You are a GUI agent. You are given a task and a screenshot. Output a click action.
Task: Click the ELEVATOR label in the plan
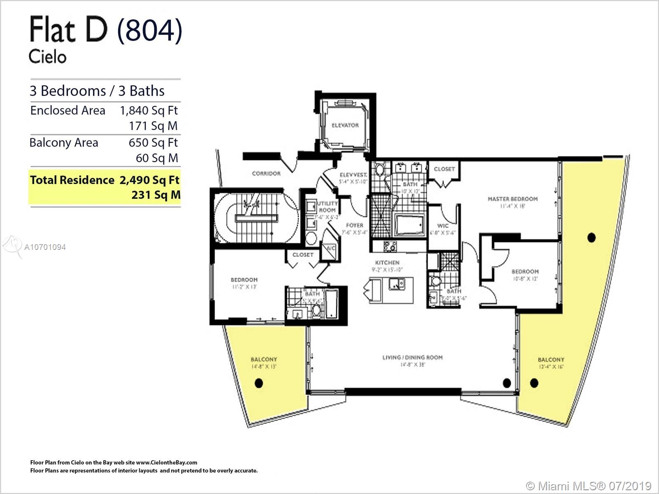345,125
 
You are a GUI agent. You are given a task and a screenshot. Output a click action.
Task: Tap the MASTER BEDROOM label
512,199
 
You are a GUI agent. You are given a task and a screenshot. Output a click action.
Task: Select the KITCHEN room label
387,263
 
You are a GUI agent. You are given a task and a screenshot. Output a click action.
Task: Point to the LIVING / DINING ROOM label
412,357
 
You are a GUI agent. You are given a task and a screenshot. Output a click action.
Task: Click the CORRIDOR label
266,174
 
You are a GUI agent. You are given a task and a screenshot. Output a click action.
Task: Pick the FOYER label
354,225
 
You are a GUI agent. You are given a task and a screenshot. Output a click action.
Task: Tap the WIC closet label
443,226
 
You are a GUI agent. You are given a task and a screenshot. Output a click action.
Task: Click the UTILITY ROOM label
327,207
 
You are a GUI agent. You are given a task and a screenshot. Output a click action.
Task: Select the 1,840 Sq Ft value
149,110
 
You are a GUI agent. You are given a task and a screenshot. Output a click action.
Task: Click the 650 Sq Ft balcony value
153,142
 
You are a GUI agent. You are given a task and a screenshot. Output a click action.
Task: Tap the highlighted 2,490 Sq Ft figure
150,180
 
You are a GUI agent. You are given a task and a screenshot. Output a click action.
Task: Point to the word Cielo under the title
47,56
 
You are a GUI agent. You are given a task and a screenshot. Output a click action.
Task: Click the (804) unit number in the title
150,30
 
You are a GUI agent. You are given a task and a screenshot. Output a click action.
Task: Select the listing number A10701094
45,247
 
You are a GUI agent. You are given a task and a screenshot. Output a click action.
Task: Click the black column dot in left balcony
259,383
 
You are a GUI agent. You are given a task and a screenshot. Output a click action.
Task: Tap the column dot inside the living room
507,383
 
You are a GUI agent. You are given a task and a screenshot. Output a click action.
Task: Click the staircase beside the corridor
255,218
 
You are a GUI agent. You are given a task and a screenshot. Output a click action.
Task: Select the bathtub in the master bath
409,225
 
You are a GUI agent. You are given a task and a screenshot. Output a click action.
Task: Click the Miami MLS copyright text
589,486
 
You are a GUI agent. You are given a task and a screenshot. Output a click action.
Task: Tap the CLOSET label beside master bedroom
444,169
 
